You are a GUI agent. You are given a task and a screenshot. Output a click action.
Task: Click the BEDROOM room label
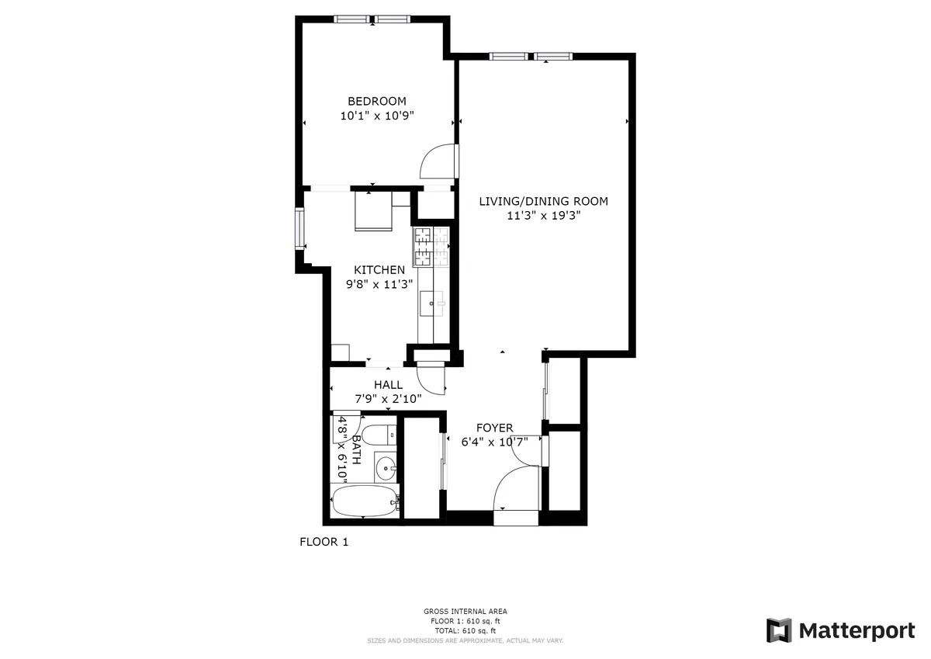(x=376, y=101)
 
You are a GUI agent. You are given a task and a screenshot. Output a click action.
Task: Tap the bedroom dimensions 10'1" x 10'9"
(x=377, y=116)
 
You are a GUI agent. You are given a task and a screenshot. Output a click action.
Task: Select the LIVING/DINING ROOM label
(x=543, y=201)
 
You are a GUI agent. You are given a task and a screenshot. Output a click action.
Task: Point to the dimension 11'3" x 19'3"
(x=543, y=216)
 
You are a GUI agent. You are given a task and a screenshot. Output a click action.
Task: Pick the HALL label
(x=388, y=385)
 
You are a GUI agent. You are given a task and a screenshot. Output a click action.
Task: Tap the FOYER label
(x=494, y=428)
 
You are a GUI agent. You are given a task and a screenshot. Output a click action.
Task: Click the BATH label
(x=356, y=449)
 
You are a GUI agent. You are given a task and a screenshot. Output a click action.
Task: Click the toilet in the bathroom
(x=379, y=434)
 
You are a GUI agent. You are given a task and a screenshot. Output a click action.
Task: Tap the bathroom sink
(x=386, y=467)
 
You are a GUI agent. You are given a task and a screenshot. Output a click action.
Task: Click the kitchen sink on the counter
(x=432, y=303)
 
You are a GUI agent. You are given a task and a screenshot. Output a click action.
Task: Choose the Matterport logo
(x=841, y=630)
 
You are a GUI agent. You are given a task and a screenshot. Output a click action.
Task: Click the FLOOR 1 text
(x=324, y=542)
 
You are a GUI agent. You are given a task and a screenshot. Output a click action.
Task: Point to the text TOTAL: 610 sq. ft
(x=465, y=631)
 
